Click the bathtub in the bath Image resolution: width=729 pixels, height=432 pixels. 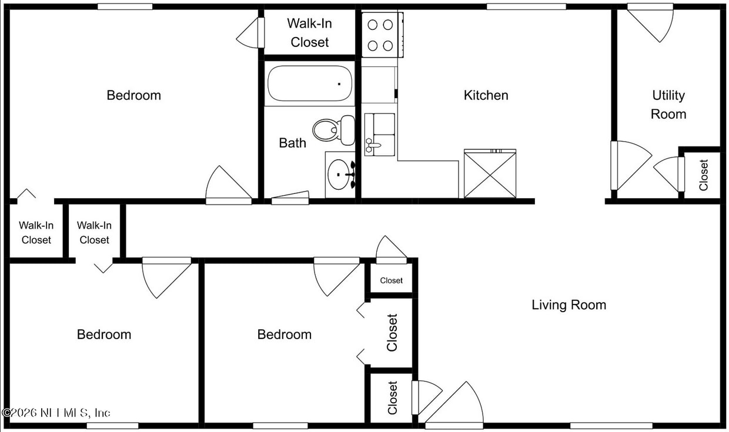310,83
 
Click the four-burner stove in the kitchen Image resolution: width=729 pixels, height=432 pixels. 380,35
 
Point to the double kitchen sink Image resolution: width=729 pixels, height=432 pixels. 380,135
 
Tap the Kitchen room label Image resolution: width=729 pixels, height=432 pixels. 486,95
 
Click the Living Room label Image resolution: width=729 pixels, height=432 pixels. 569,305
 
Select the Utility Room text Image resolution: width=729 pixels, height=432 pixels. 668,105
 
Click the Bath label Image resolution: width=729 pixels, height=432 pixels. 292,143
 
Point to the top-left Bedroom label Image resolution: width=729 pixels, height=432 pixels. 133,95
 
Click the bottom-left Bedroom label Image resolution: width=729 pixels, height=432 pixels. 104,334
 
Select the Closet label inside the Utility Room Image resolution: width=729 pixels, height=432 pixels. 703,175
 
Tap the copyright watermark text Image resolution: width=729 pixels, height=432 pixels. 56,413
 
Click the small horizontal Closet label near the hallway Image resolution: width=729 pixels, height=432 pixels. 391,280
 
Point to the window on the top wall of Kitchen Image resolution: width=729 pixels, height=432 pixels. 526,7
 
